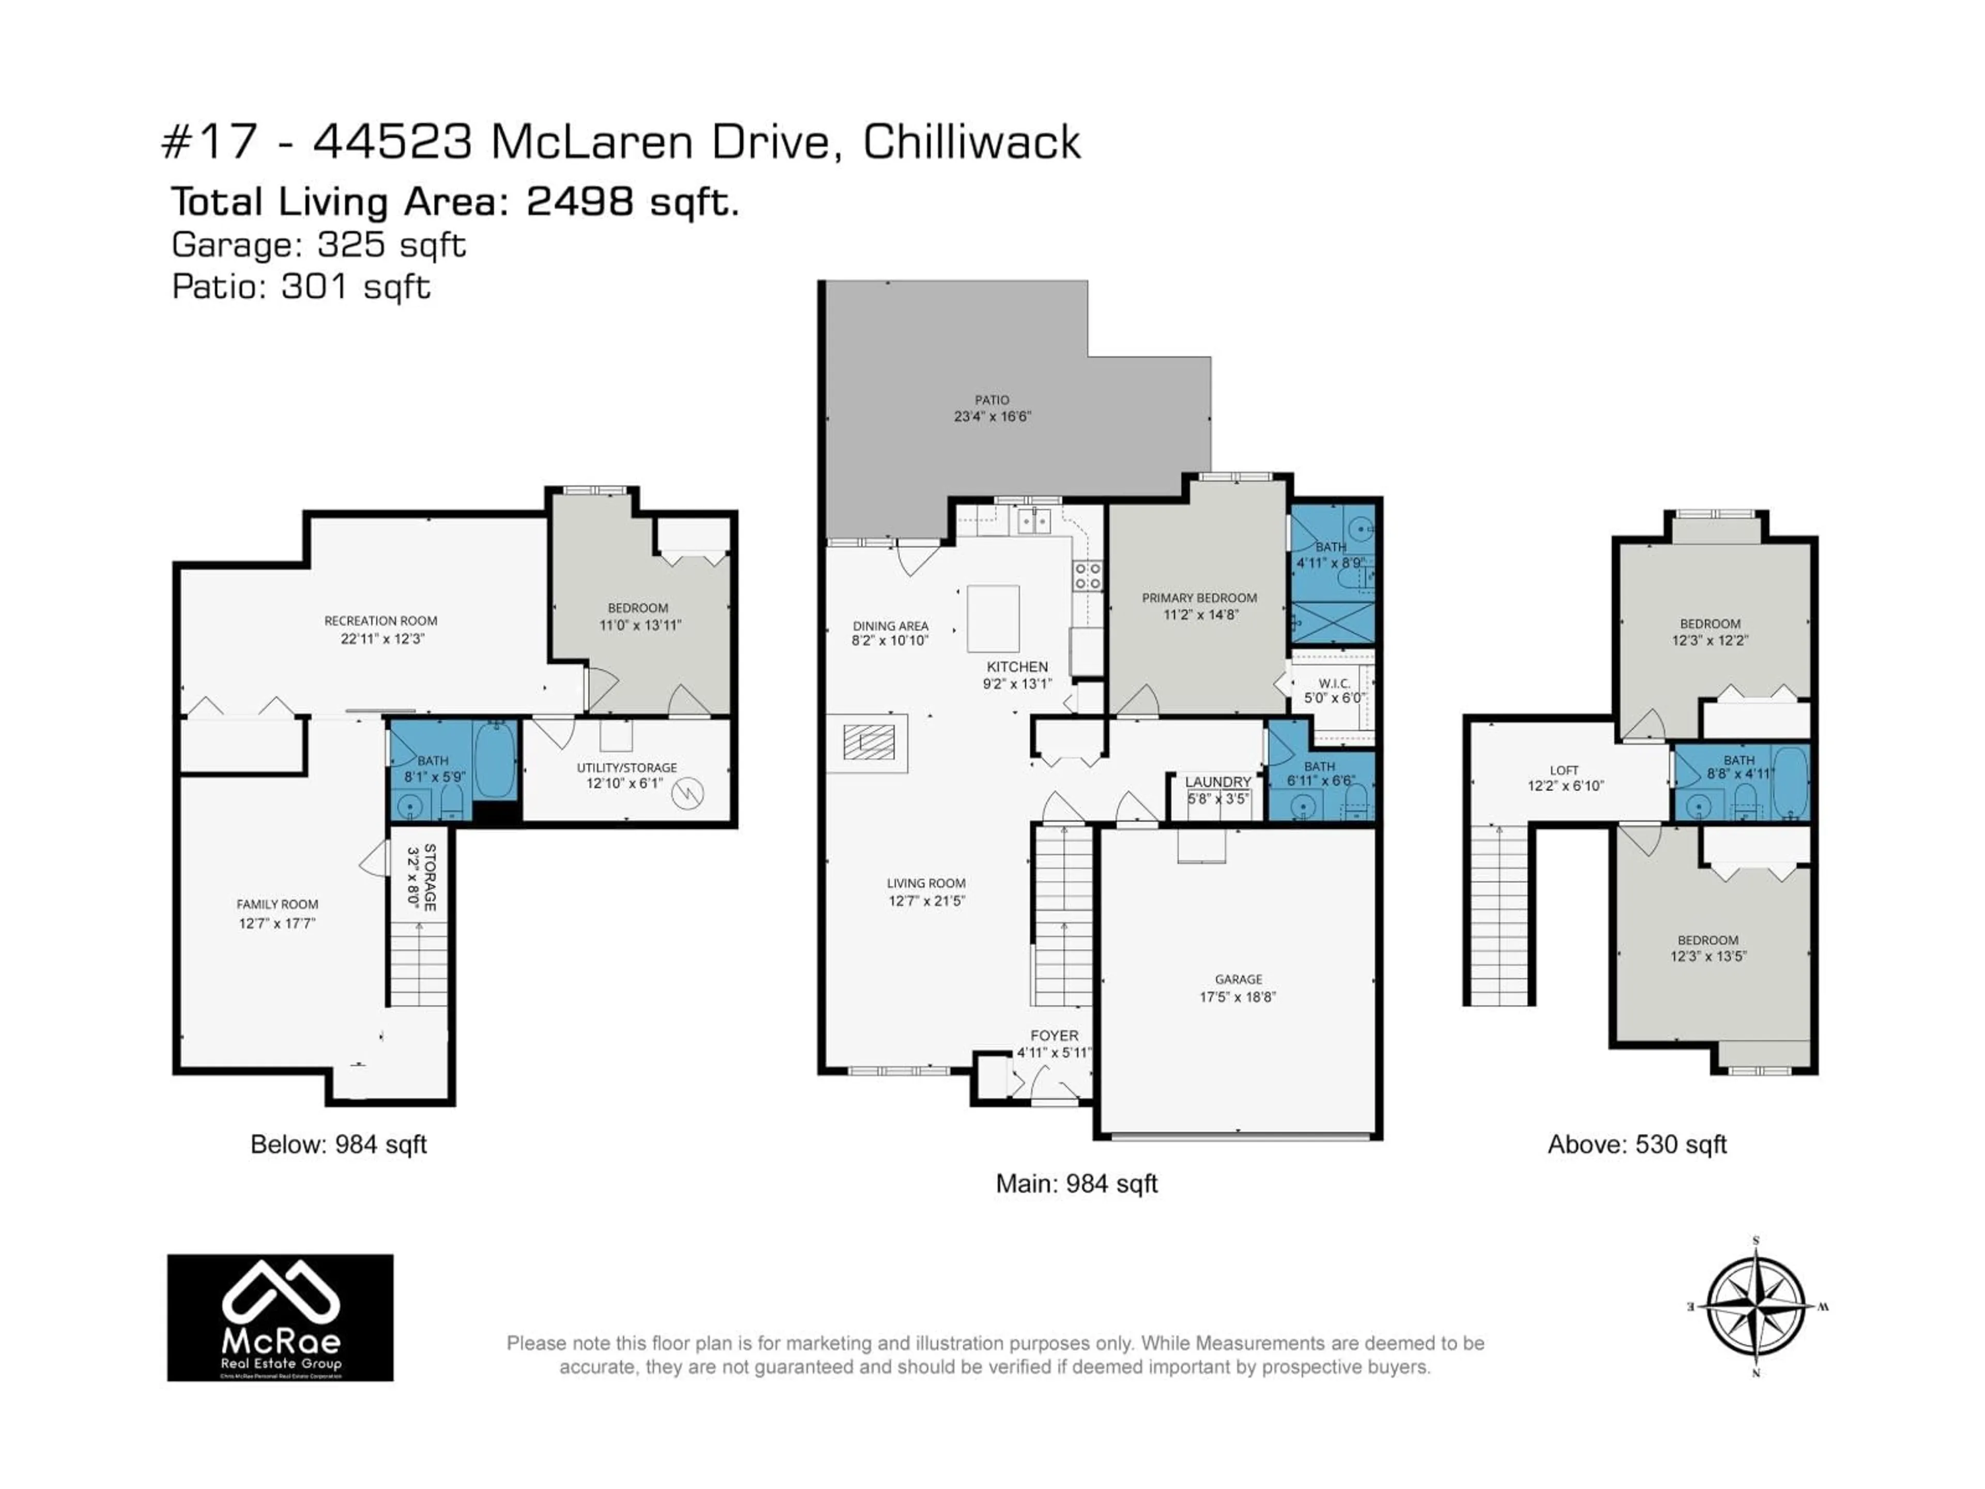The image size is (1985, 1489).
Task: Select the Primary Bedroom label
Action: (1199, 598)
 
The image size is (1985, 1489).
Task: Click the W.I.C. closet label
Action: (1334, 683)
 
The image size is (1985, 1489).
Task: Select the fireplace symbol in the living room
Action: (868, 742)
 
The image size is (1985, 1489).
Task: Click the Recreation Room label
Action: (380, 620)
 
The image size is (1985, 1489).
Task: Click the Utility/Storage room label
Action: (627, 767)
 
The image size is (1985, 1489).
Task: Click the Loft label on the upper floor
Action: (1564, 770)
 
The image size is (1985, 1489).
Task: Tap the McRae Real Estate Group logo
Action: (280, 1317)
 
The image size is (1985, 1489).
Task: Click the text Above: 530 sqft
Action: (1637, 1144)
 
